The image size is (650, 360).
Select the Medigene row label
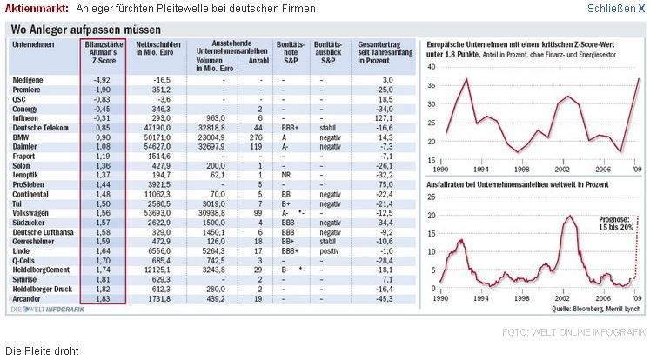[x=30, y=80]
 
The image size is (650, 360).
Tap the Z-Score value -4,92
[x=103, y=80]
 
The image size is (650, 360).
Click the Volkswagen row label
[x=34, y=213]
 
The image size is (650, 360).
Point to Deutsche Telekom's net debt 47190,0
[x=157, y=128]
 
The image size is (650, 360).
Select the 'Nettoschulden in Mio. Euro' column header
[x=157, y=48]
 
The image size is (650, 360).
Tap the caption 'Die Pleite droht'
[x=42, y=350]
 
